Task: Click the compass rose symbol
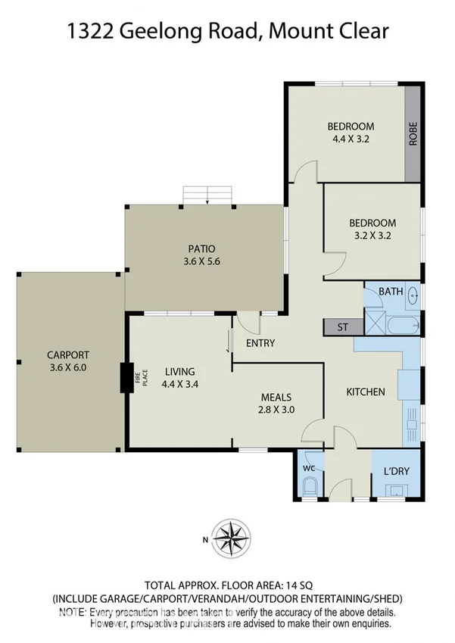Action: coord(232,538)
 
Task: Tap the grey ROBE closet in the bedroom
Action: coord(413,133)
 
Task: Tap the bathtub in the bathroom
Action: coord(401,326)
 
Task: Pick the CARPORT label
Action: coord(68,354)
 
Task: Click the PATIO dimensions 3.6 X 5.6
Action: coord(202,261)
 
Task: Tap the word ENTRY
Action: coord(260,343)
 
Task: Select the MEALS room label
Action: coord(276,396)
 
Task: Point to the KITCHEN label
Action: coord(366,392)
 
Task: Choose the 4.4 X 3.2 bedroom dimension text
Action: coord(351,139)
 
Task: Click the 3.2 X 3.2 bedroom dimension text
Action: coord(372,236)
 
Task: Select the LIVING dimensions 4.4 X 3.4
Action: coord(179,385)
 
